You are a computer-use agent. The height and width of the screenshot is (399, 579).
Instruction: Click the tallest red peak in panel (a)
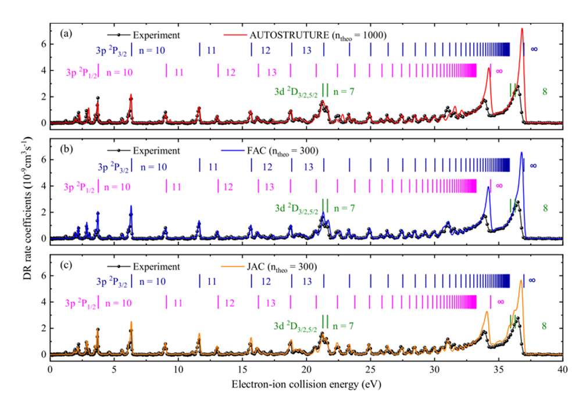point(522,28)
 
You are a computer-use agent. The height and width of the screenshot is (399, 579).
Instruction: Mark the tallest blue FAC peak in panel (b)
point(521,153)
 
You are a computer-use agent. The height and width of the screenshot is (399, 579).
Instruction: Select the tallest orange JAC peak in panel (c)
point(521,281)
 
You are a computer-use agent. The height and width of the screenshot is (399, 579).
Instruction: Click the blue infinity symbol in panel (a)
point(534,49)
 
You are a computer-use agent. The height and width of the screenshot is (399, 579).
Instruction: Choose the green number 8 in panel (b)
point(545,208)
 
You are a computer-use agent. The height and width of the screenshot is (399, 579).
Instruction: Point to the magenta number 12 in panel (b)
point(228,187)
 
